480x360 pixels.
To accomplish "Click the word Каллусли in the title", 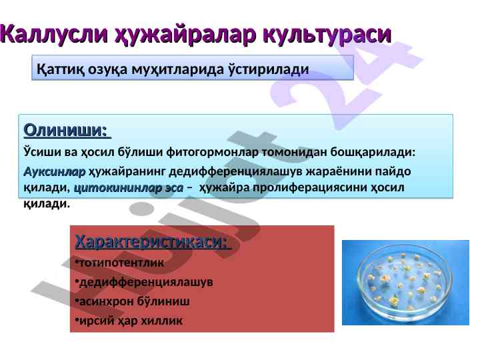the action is (54, 33).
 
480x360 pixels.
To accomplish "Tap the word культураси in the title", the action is (327, 35).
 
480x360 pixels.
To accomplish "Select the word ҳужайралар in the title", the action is (185, 34).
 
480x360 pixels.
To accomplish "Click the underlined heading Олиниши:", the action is (67, 130).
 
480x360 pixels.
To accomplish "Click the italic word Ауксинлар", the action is (55, 171).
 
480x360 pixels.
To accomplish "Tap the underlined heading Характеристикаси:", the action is (153, 241).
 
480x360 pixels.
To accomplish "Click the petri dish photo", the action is (405, 283).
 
